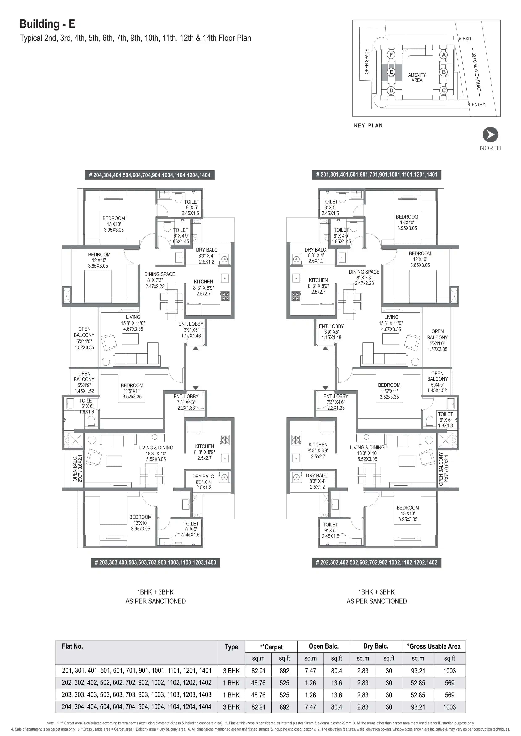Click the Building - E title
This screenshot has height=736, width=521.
(47, 24)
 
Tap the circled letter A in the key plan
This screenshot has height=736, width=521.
(444, 55)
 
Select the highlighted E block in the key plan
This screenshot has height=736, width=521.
(391, 72)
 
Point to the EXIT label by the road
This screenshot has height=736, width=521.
(467, 39)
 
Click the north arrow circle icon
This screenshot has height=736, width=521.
(490, 135)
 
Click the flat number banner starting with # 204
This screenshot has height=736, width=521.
(150, 175)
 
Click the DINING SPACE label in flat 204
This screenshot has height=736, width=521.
(159, 274)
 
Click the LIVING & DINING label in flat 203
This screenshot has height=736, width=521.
(156, 448)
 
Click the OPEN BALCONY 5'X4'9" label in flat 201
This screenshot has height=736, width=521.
(437, 382)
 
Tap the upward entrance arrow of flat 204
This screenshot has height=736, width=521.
(195, 348)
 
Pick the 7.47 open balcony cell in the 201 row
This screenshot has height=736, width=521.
(310, 671)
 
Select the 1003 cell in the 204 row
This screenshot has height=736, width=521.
(449, 707)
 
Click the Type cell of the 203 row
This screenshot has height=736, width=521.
(231, 695)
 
